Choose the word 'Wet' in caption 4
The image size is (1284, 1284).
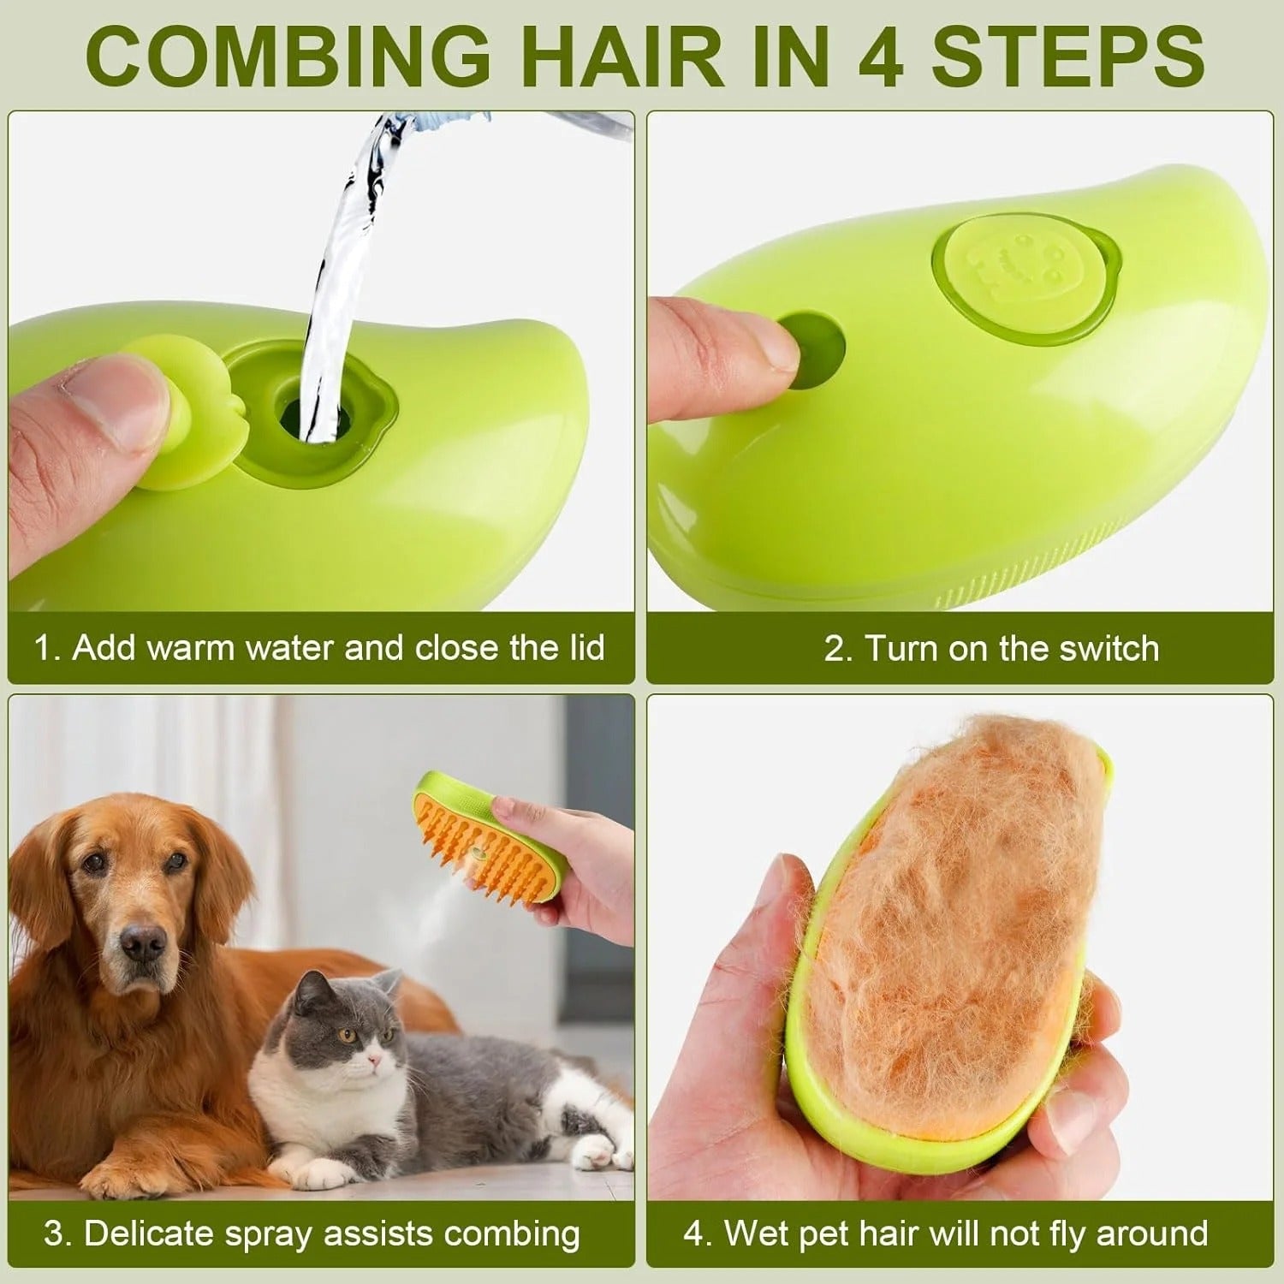(758, 1233)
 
